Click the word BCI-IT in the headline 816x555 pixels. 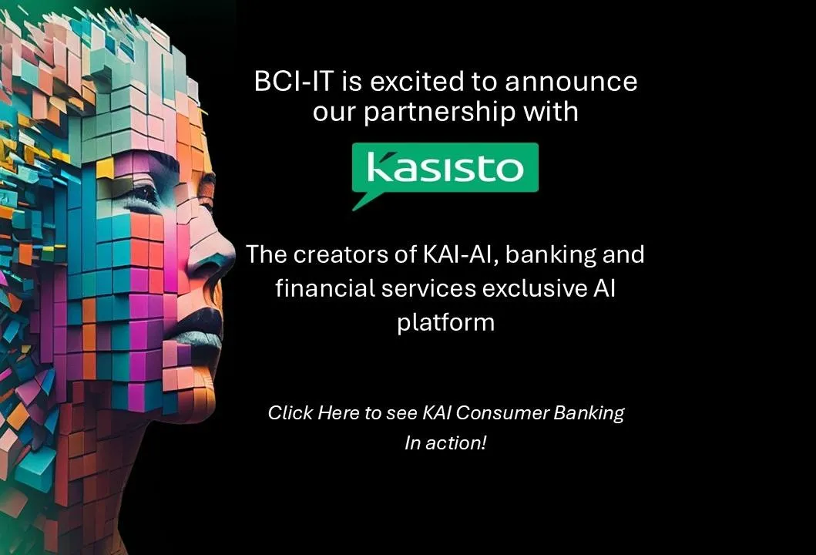293,82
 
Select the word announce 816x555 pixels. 571,82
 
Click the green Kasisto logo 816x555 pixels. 445,167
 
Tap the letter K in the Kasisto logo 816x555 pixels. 380,166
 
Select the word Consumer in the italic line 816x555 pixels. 502,413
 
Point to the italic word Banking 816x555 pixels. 589,413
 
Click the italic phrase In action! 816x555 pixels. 445,443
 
